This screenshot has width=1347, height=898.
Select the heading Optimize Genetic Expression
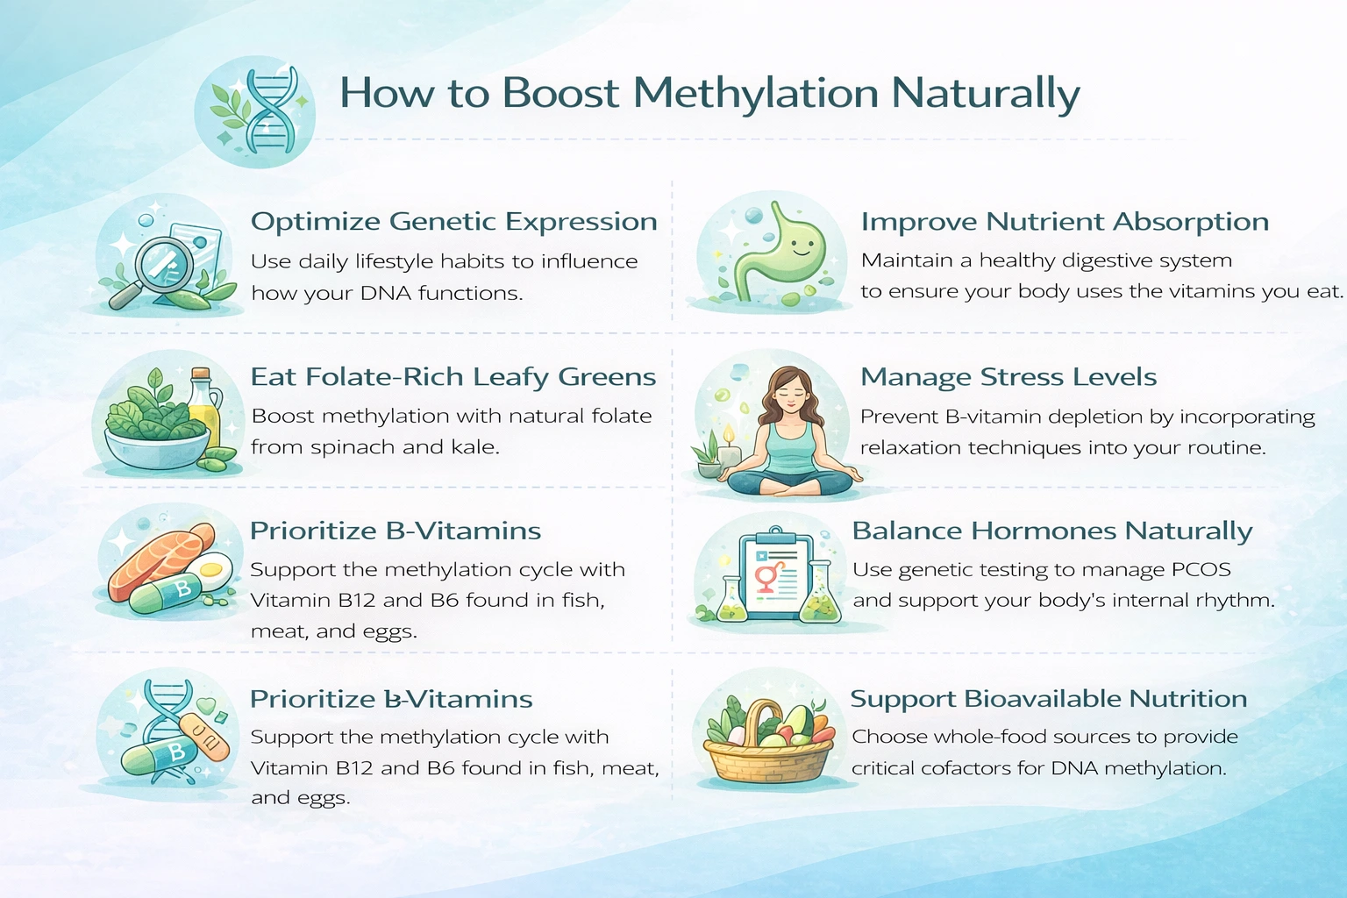[x=453, y=222]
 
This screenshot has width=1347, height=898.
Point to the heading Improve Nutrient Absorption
[x=1064, y=222]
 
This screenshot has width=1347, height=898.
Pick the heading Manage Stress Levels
[x=1008, y=377]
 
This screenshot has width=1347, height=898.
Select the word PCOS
[x=1201, y=570]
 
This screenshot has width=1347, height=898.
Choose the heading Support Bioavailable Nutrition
[x=1048, y=699]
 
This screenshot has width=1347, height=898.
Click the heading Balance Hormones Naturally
[x=1051, y=531]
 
